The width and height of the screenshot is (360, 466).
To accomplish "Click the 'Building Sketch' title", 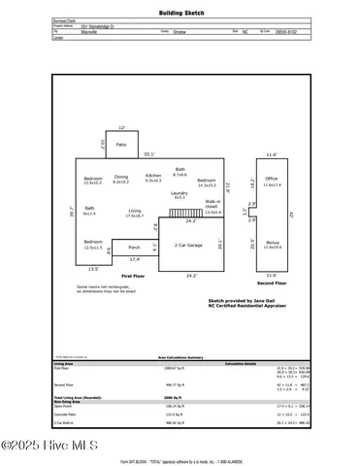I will tap(181, 13).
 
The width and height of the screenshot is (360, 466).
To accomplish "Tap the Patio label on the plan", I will tap(121, 145).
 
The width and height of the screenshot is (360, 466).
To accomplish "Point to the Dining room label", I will tap(121, 178).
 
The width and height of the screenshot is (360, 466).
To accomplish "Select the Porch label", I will tap(134, 247).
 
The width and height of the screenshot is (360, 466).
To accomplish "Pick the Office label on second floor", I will tap(271, 179).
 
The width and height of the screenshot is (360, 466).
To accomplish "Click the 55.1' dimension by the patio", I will tap(148, 154).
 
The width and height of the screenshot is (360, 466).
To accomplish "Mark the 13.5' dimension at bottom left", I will tap(93, 269).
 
